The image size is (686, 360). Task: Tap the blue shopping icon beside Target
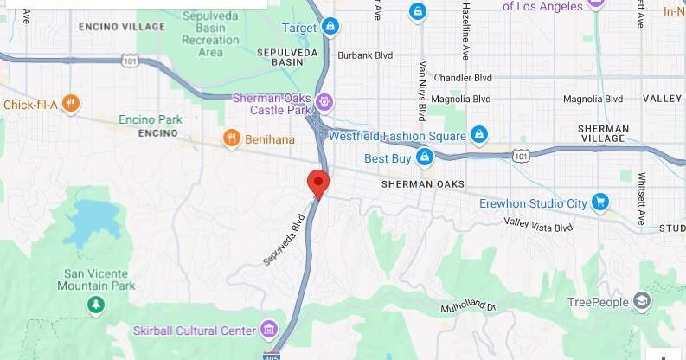[330, 28]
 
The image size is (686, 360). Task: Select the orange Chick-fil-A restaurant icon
[71, 105]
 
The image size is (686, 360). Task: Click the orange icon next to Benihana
[231, 138]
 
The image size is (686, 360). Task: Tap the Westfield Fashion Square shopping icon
[479, 135]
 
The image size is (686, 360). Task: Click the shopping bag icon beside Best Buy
[424, 157]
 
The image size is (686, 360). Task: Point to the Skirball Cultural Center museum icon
[269, 330]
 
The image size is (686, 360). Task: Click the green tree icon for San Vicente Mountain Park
[96, 305]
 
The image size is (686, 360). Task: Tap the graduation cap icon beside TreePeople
[641, 301]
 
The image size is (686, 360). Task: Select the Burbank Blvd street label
[364, 55]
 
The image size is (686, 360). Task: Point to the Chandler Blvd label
[462, 77]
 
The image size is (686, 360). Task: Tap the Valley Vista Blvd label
[538, 225]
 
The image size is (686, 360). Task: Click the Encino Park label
[151, 119]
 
